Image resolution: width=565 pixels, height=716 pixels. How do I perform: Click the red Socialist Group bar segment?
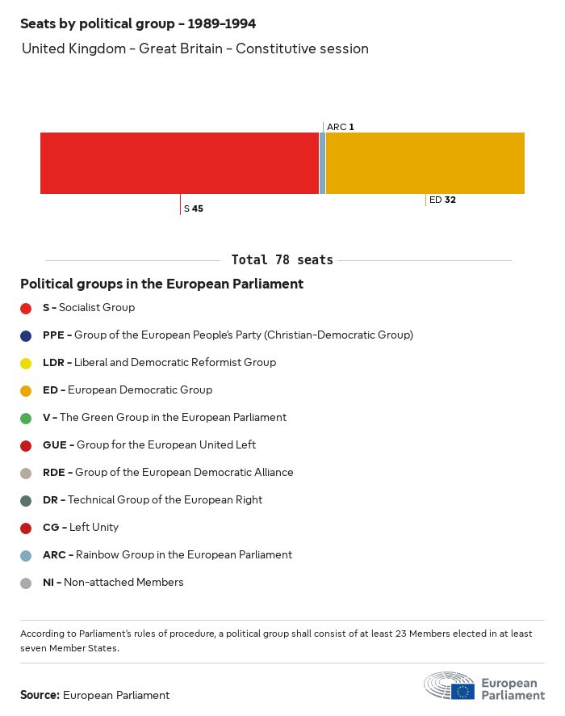coord(179,163)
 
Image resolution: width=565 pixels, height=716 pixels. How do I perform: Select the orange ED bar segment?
coord(425,163)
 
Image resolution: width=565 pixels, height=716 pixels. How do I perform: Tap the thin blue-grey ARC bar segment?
coord(322,163)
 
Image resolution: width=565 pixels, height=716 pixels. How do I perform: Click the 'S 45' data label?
coord(194,208)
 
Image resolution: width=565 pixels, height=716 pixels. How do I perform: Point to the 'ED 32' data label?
coord(442,200)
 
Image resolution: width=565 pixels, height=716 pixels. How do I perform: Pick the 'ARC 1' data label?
coord(340,127)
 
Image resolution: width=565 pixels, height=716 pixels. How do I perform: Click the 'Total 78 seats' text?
coord(282,260)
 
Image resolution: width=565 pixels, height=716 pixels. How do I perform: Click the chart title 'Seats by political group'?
coord(138,24)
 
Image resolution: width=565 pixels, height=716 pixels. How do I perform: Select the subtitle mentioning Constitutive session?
coord(195,48)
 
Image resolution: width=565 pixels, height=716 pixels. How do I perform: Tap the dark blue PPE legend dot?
coord(26,335)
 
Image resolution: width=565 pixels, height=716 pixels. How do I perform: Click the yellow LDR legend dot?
coord(26,363)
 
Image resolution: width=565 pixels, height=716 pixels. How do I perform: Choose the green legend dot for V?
coord(26,418)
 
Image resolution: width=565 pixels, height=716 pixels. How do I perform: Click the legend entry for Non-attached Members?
coord(113,582)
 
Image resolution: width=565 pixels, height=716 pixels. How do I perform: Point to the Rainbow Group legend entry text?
coord(167,554)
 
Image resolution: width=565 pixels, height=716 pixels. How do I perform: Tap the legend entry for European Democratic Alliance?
coord(168,472)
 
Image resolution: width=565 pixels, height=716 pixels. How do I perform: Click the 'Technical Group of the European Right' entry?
coord(153,499)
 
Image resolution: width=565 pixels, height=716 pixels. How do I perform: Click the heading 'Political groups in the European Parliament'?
coord(161,284)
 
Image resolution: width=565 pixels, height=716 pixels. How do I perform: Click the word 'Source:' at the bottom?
coord(40,695)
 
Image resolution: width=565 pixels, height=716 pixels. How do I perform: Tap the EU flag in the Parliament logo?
coord(462,691)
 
